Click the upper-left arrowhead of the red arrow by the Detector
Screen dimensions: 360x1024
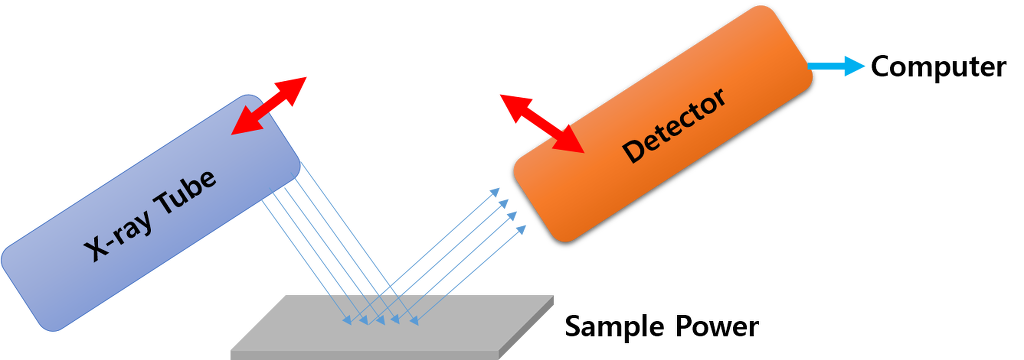click(x=511, y=102)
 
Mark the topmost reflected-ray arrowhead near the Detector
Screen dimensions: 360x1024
click(x=494, y=190)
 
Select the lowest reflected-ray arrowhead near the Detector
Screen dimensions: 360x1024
click(x=521, y=230)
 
